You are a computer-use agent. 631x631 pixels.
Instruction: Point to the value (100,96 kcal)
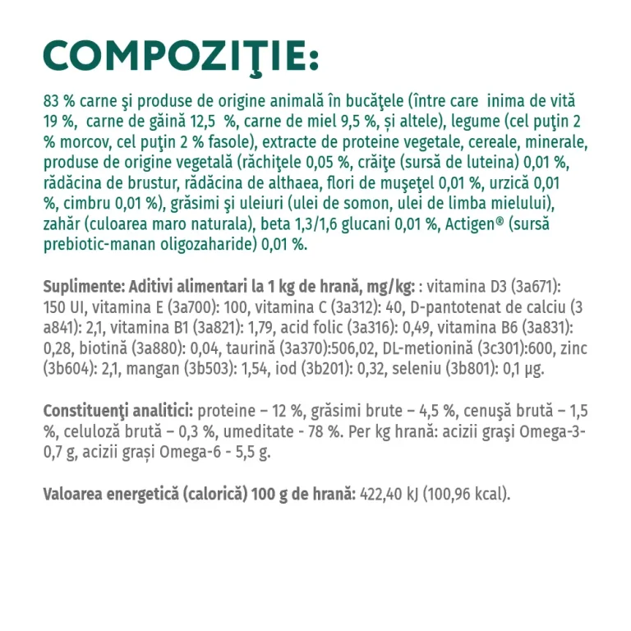click(468, 493)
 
